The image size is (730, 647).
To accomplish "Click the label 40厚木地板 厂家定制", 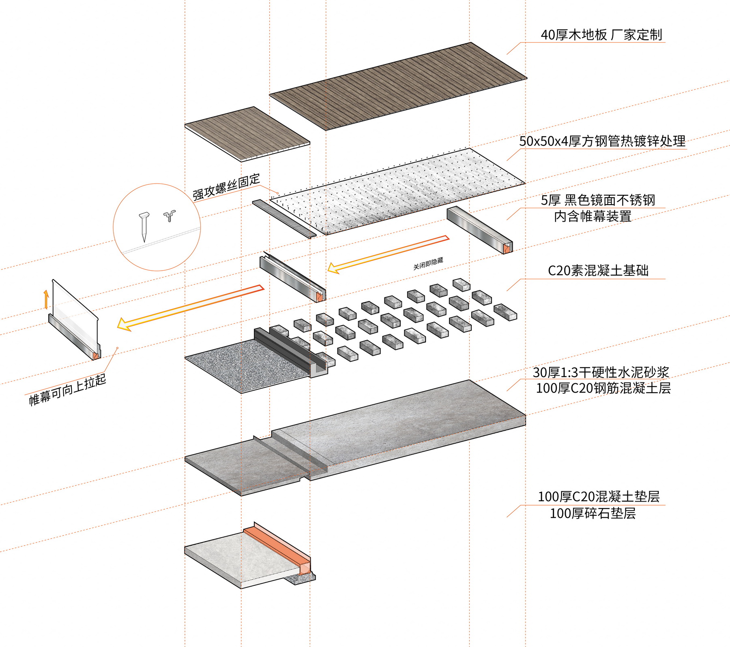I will click(x=601, y=35).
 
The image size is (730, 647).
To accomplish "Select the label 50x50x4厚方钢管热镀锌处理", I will click(x=602, y=141).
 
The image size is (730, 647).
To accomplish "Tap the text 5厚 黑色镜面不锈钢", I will click(x=598, y=200).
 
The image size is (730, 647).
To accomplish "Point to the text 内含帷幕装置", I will click(x=593, y=216).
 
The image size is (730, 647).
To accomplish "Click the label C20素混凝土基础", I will click(x=598, y=271).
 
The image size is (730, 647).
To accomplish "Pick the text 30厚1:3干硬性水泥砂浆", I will click(x=601, y=372).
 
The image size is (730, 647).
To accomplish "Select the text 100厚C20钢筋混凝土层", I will click(x=603, y=388).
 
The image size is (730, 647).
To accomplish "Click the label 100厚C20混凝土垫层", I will click(x=599, y=497).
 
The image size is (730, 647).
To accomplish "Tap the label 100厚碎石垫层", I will click(x=593, y=513).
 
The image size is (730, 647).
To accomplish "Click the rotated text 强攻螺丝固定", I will click(x=226, y=187).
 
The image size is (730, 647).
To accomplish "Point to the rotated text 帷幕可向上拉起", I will click(x=67, y=390).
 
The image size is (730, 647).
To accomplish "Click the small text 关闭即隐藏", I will click(x=428, y=263).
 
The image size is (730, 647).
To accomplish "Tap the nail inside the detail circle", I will click(x=144, y=226).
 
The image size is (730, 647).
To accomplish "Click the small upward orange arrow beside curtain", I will click(x=46, y=299).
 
